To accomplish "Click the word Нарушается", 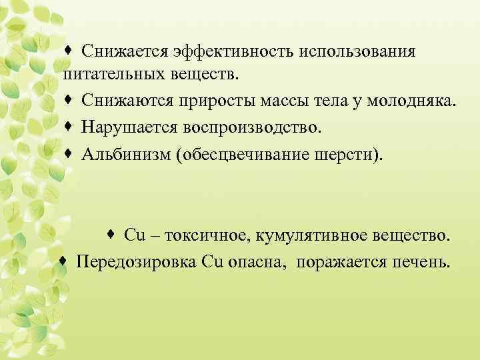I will coord(126,127).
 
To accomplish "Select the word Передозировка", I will coord(136,260).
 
